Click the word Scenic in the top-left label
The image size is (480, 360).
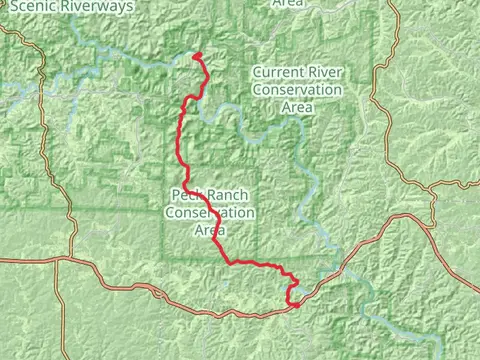(33, 6)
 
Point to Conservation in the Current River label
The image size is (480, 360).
(296, 90)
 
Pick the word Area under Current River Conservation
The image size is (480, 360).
(296, 107)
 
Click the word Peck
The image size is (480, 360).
(188, 196)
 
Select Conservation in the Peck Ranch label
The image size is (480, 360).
(210, 213)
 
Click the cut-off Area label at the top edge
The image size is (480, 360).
(288, 4)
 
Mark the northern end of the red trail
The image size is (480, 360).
(197, 55)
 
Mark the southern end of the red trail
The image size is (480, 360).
(295, 305)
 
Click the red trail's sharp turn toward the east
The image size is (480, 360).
(232, 263)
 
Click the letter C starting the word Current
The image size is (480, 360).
(259, 73)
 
